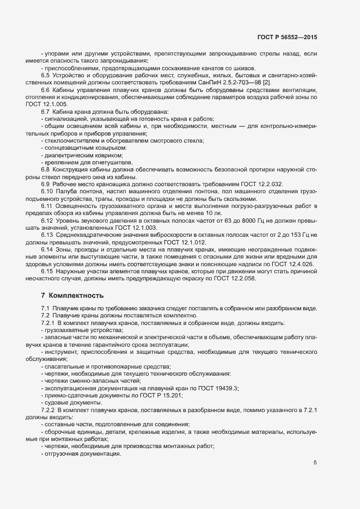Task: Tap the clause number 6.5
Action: tap(46, 75)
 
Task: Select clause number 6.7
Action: tap(46, 111)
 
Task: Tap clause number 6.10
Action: tap(47, 192)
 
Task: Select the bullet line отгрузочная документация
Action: tap(82, 454)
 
